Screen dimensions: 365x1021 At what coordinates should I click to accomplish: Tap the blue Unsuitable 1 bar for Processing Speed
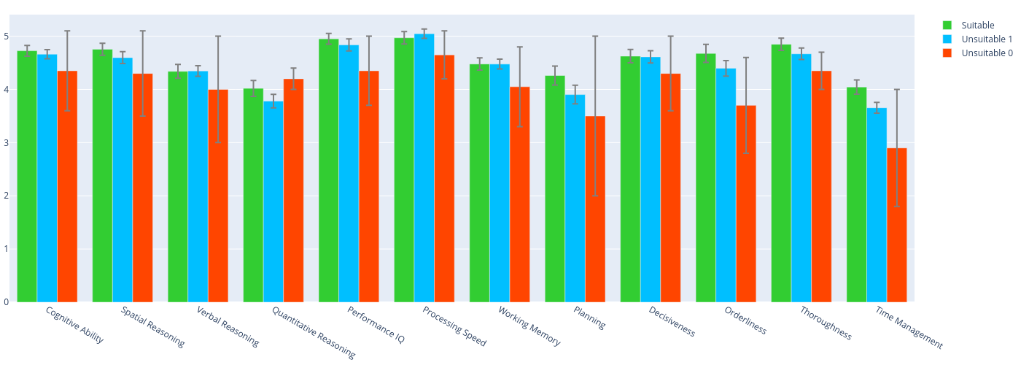pyautogui.click(x=424, y=168)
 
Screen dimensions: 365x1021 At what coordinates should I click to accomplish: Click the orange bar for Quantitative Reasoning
pyautogui.click(x=293, y=190)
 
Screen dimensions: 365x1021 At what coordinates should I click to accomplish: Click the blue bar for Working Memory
pyautogui.click(x=500, y=182)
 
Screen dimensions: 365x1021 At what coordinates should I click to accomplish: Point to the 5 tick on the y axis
pyautogui.click(x=6, y=36)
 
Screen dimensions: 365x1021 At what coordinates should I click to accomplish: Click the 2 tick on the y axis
pyautogui.click(x=6, y=196)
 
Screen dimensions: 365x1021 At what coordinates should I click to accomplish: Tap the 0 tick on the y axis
pyautogui.click(x=6, y=301)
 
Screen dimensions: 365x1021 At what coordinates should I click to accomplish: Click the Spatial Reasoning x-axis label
pyautogui.click(x=152, y=326)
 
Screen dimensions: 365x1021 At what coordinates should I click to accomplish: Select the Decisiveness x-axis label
pyautogui.click(x=672, y=321)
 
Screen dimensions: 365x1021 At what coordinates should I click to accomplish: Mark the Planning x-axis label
pyautogui.click(x=589, y=318)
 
